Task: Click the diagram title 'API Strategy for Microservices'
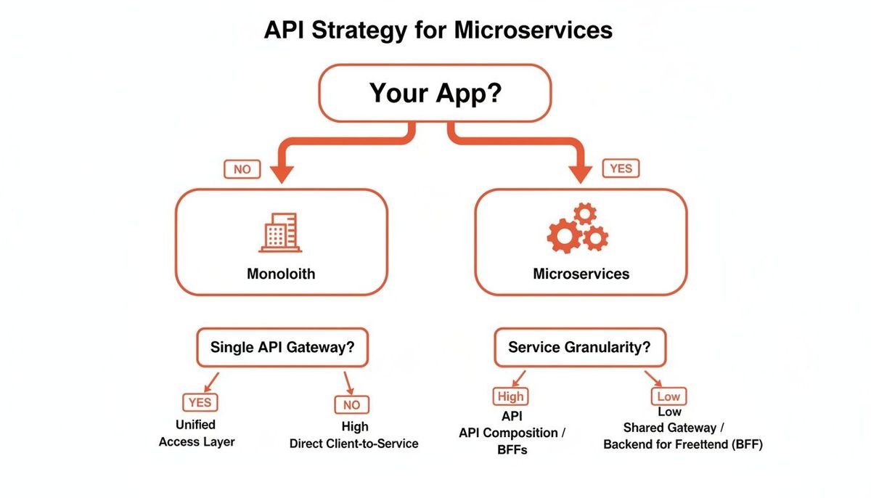[x=438, y=30]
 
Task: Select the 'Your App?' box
[x=435, y=94]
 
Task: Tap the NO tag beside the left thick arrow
[x=242, y=169]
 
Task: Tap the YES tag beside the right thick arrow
[x=621, y=168]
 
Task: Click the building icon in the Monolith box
[x=280, y=232]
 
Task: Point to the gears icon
[x=578, y=228]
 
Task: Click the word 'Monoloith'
[x=281, y=274]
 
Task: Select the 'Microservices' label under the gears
[x=581, y=274]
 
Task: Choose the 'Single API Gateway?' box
[x=282, y=347]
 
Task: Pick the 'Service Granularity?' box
[x=580, y=347]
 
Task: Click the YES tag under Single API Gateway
[x=200, y=402]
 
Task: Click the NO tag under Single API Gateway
[x=352, y=404]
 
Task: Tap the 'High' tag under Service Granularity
[x=510, y=396]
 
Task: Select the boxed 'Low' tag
[x=668, y=396]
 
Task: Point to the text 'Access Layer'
[x=197, y=442]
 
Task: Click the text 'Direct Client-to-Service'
[x=354, y=444]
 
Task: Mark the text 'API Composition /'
[x=512, y=433]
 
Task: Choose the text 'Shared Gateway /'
[x=674, y=428]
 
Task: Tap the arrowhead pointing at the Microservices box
[x=581, y=174]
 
